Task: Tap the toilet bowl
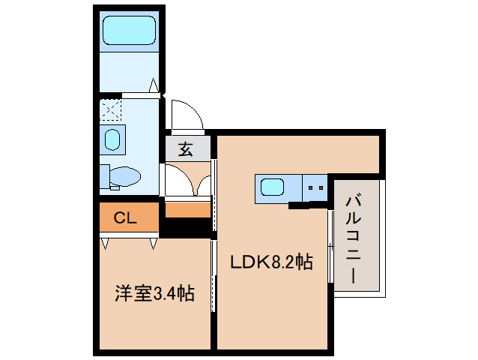pos(124,177)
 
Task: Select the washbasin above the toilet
pos(113,139)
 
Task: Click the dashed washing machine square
pos(111,111)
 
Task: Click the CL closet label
pos(125,218)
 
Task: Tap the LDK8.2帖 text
pos(270,262)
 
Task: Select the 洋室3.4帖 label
pos(154,292)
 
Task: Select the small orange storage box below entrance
pos(187,211)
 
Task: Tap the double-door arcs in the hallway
pos(187,181)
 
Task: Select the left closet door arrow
pos(105,243)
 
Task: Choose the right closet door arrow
pos(154,243)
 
